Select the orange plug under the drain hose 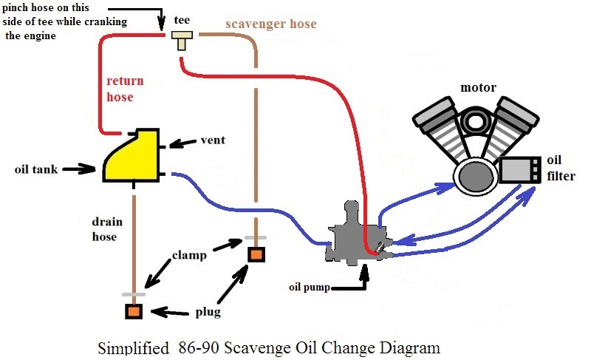click(134, 310)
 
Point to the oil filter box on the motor click(521, 171)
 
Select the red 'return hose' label click(126, 88)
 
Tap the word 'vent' click(213, 140)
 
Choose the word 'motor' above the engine click(477, 89)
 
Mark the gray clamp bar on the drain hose click(134, 294)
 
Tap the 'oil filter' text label click(561, 168)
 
